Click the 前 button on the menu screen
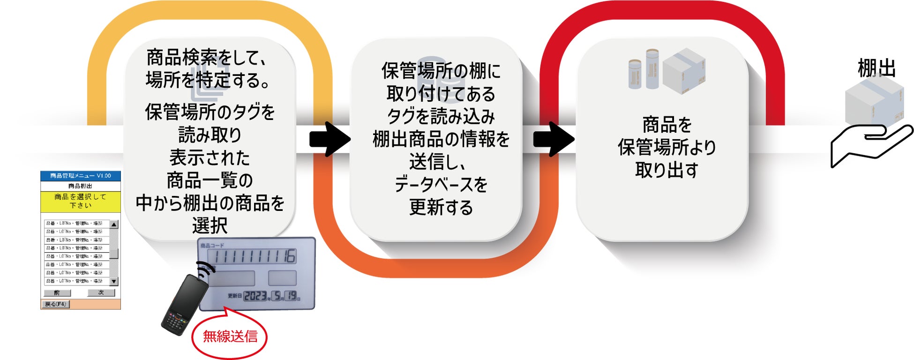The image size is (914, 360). click(x=57, y=293)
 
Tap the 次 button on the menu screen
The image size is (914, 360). click(x=101, y=292)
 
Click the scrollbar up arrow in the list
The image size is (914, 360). click(x=114, y=225)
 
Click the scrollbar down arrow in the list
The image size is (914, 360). click(x=114, y=281)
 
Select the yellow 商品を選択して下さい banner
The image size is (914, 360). click(x=81, y=201)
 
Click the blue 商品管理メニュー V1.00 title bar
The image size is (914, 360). click(x=81, y=176)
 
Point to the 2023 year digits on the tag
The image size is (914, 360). click(x=255, y=296)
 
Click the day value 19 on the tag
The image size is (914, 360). click(x=292, y=295)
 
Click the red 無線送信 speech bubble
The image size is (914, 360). click(x=230, y=337)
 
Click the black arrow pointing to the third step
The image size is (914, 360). click(x=554, y=139)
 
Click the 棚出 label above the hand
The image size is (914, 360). click(x=876, y=68)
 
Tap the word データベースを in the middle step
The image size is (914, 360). click(x=441, y=184)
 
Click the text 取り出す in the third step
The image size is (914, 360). click(x=667, y=170)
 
